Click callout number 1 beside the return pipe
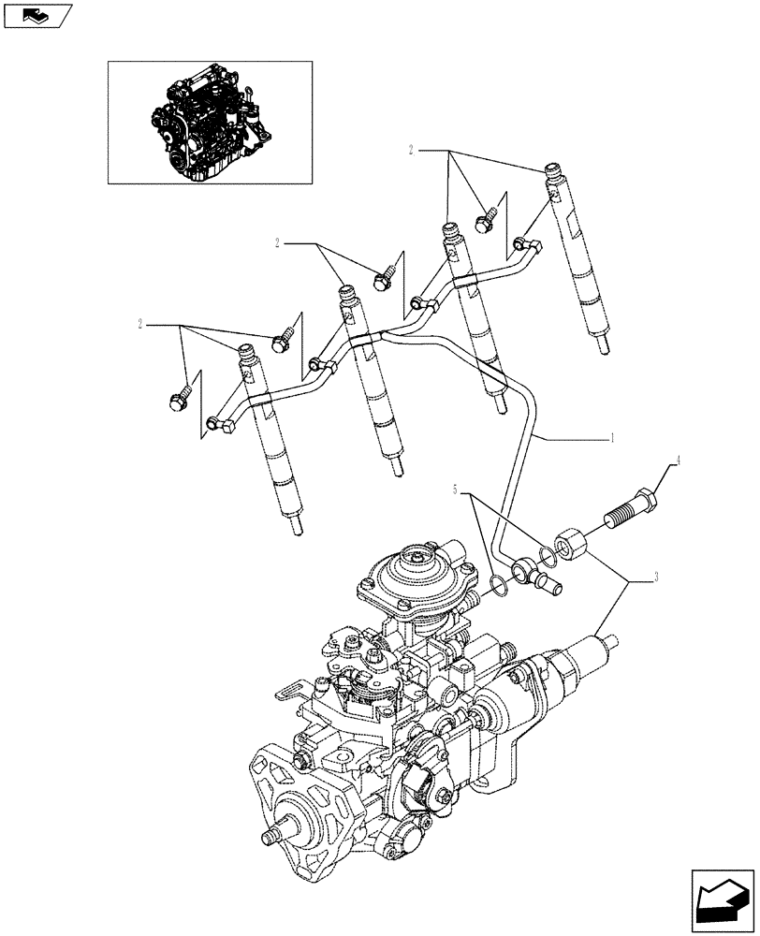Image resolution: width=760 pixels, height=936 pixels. [612, 437]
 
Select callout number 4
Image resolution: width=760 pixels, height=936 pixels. [680, 461]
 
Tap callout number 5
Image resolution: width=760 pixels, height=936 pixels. [456, 489]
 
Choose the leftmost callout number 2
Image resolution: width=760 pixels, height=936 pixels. [140, 324]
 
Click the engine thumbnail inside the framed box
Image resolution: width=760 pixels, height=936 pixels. [209, 121]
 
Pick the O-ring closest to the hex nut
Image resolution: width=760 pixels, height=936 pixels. [549, 556]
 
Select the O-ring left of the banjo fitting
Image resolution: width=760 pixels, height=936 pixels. [502, 587]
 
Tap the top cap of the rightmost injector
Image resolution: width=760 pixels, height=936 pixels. [554, 172]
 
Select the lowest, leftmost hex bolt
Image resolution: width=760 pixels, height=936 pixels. [179, 399]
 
